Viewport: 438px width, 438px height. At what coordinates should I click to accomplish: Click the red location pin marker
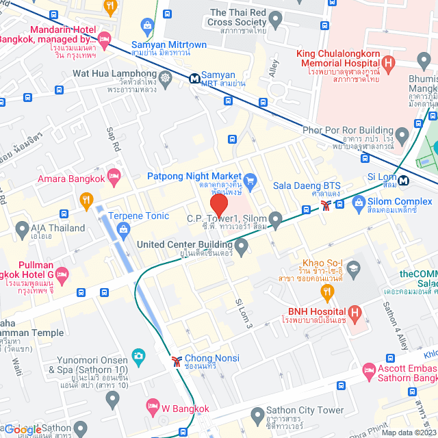pos(219,206)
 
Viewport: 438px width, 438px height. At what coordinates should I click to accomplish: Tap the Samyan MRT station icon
pos(195,79)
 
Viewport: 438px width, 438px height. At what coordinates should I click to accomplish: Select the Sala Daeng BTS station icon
pos(326,203)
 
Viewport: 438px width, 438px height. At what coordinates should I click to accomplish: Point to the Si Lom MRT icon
pos(404,181)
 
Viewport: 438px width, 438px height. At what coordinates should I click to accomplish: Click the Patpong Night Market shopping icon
pos(250,181)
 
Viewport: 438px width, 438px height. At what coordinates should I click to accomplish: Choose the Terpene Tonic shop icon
pos(123,227)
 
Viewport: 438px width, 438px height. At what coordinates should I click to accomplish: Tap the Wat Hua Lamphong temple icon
pos(166,75)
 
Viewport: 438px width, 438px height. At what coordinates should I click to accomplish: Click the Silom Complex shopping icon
pos(358,203)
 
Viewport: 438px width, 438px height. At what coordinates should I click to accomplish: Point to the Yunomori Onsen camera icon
pos(138,355)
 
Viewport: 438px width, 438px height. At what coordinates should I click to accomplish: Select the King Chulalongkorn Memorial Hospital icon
pos(389,66)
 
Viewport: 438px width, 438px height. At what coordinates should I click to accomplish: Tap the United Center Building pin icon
pos(241,244)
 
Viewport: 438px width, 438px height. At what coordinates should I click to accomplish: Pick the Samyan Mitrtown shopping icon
pos(146,27)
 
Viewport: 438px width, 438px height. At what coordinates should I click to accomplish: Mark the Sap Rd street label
pos(113,140)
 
